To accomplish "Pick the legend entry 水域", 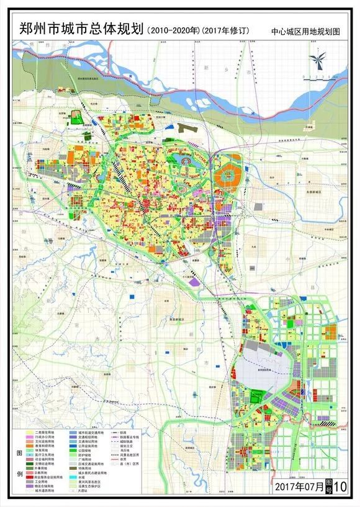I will [83, 477].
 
